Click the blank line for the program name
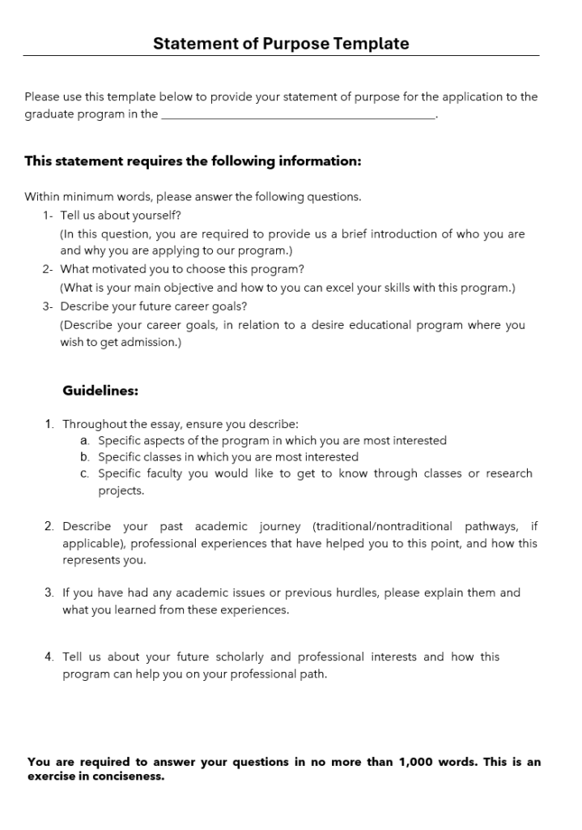(x=298, y=116)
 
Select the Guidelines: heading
(x=100, y=391)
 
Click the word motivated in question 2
(x=121, y=269)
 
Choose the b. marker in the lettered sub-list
(x=84, y=457)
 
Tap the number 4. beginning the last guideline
(x=50, y=657)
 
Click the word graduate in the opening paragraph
(x=49, y=114)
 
